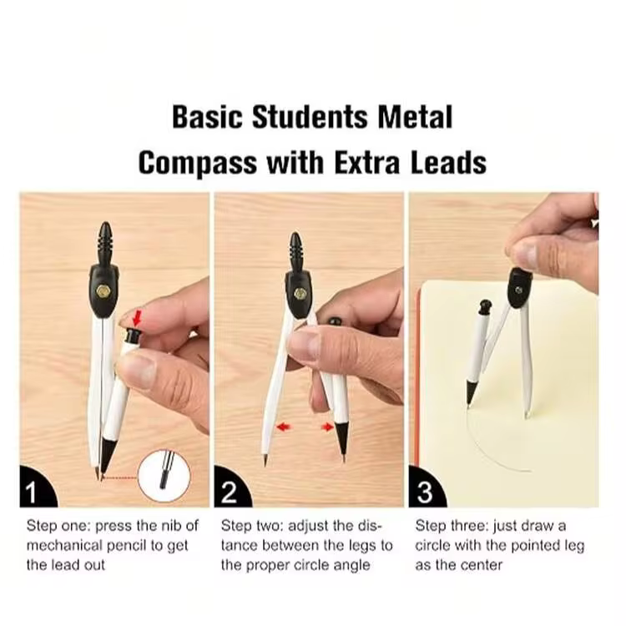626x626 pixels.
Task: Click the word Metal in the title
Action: tap(415, 117)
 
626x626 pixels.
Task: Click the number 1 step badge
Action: tap(37, 488)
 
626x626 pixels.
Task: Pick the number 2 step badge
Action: tap(231, 488)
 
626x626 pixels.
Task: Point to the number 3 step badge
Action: tap(426, 488)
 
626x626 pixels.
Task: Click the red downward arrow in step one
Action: tap(138, 319)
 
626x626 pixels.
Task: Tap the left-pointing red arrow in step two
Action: tap(284, 427)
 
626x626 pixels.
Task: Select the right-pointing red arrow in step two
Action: tap(327, 427)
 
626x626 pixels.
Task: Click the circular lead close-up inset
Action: tap(164, 476)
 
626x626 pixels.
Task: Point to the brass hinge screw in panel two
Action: tap(298, 295)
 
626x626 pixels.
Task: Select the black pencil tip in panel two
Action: tap(341, 438)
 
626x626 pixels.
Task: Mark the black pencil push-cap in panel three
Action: tap(486, 306)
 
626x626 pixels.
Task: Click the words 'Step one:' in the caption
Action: tap(58, 526)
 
